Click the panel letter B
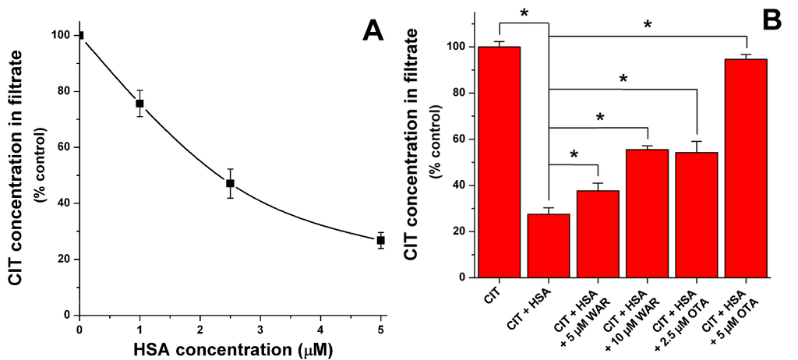click(772, 21)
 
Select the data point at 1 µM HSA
click(139, 103)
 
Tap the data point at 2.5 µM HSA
click(230, 183)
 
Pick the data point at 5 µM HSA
click(380, 240)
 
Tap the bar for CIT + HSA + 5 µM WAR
click(598, 234)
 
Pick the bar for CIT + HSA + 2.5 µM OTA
click(697, 214)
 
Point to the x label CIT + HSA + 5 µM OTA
click(740, 312)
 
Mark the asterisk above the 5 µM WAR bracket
click(574, 155)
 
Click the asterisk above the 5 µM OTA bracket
click(648, 26)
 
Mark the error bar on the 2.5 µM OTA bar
click(697, 146)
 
